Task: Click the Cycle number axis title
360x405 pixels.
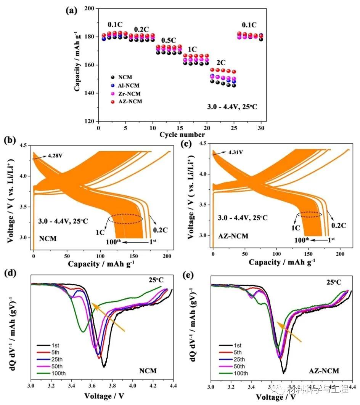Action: tap(182, 134)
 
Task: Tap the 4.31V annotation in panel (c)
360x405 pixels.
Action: tap(235, 152)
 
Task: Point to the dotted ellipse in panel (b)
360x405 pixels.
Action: tap(125, 219)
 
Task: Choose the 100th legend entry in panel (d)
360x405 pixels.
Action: tap(57, 373)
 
